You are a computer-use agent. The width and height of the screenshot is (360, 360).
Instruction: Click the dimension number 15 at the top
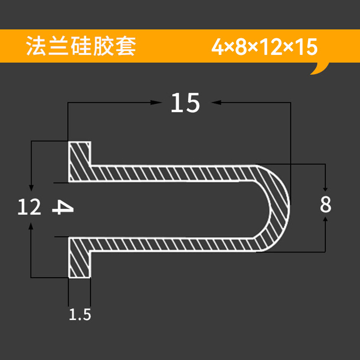click(x=185, y=103)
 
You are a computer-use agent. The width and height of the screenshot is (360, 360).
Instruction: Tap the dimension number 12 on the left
click(x=30, y=207)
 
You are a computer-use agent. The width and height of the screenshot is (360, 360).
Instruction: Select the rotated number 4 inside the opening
click(x=63, y=207)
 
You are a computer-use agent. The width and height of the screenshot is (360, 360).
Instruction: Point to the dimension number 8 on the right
click(x=326, y=205)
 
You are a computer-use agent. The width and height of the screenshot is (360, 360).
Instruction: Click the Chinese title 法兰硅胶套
click(x=81, y=46)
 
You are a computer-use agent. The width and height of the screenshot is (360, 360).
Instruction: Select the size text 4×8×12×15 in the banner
click(x=265, y=47)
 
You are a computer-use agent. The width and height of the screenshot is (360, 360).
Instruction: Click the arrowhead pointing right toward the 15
click(x=157, y=103)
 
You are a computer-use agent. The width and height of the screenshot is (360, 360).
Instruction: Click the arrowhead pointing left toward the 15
click(x=216, y=103)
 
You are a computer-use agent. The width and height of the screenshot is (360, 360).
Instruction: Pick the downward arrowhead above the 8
click(x=326, y=188)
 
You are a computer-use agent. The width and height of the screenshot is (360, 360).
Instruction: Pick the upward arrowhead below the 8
click(x=326, y=219)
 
